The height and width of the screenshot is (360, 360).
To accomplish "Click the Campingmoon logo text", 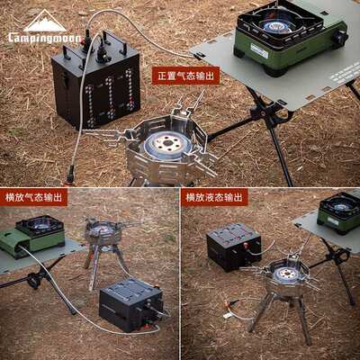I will [44, 38].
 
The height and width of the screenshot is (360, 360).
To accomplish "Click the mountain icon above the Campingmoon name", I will [44, 22].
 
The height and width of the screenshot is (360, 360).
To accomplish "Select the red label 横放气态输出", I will [35, 197].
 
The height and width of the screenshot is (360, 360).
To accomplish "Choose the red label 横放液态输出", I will [214, 197].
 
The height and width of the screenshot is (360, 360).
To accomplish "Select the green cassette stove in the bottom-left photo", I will [33, 236].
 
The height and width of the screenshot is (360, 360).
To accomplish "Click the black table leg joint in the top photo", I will [261, 112].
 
